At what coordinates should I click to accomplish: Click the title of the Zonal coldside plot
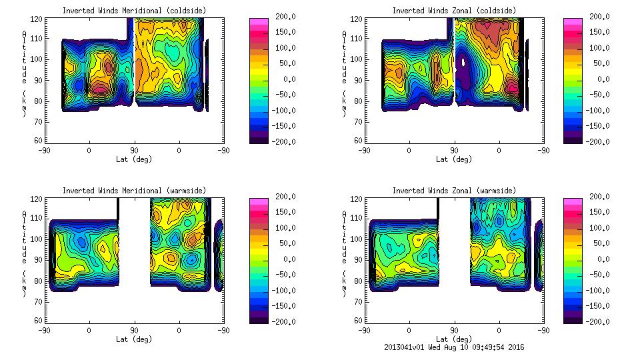[454, 11]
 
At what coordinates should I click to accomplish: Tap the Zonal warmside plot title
[454, 191]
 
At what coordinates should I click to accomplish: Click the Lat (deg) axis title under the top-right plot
[454, 159]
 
